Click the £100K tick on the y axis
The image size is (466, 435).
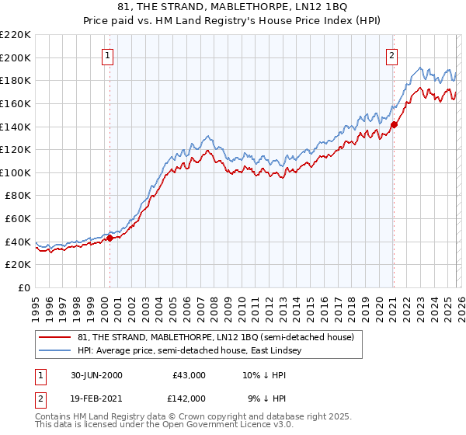point(16,172)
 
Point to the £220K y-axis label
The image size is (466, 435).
point(16,35)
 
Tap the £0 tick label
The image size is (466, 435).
point(25,287)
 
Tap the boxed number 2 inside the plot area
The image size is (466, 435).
point(392,55)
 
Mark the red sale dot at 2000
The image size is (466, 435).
point(110,238)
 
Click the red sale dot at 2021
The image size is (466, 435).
point(394,124)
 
